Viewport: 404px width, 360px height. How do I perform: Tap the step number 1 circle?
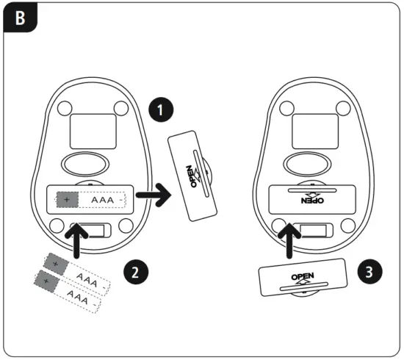tap(161, 111)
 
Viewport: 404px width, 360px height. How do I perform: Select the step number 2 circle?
tap(134, 271)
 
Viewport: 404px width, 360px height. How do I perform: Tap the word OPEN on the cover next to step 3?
tap(302, 278)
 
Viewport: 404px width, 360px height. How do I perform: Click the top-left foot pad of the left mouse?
tap(62, 107)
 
